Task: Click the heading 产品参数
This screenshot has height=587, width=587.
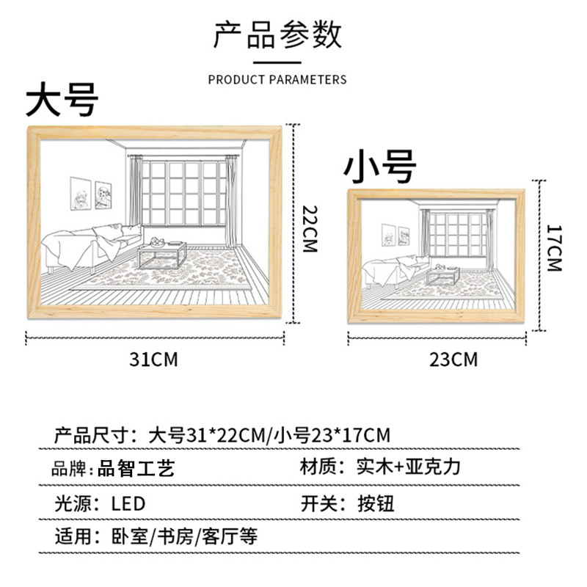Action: (x=277, y=34)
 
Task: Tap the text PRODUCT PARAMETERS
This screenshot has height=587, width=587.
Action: (x=277, y=79)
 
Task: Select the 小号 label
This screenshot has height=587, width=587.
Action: (x=381, y=167)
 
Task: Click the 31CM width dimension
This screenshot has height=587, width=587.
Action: (x=154, y=360)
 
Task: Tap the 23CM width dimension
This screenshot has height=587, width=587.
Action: (x=453, y=360)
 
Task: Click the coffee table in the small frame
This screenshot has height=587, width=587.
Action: (x=443, y=276)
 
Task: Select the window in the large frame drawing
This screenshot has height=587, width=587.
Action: (x=184, y=194)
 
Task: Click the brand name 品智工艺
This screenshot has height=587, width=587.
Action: (x=136, y=468)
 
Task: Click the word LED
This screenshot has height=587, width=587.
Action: (x=128, y=504)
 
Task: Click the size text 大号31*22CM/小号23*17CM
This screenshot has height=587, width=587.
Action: (x=269, y=434)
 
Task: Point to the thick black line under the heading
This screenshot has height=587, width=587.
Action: (x=277, y=62)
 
